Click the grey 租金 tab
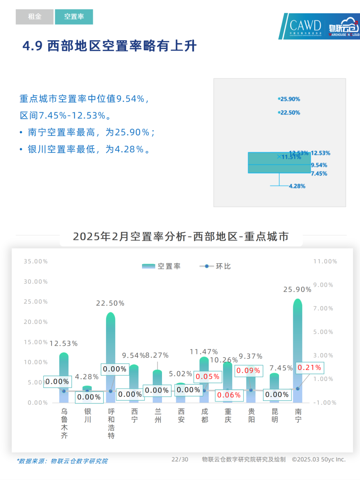coord(34,17)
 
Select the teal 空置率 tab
coord(74,17)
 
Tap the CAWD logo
coord(305,26)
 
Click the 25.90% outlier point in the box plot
coord(279,99)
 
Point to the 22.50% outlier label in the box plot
coord(290,113)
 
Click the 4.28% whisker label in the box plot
coord(297,186)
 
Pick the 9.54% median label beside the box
coord(319,165)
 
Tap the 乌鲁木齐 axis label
coord(64,423)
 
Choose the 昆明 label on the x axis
coord(275,416)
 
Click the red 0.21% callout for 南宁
coord(309,368)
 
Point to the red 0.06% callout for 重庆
coord(229,395)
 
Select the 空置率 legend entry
coord(161,266)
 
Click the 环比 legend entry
coord(215,266)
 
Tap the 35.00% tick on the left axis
coord(36,262)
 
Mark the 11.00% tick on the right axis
coord(325,262)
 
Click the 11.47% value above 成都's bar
coord(204,352)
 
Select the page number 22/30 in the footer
coord(180,459)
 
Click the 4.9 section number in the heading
coord(32,46)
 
